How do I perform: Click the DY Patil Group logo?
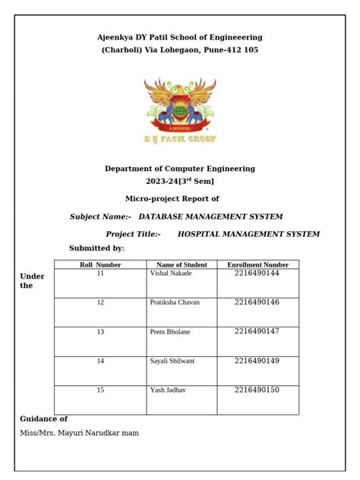(180, 109)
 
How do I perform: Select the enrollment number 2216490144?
(257, 273)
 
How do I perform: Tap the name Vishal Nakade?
(171, 273)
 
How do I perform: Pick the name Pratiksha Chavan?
(175, 302)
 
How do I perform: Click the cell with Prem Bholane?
(170, 332)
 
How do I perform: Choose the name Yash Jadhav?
(168, 390)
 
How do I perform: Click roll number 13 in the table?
(100, 332)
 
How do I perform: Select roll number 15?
(100, 390)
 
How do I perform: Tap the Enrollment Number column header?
(257, 264)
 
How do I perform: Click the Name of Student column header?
(182, 264)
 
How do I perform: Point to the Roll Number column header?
(100, 264)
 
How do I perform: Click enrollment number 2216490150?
(257, 390)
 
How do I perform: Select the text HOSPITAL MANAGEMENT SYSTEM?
(248, 234)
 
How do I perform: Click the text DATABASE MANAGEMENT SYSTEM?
(210, 216)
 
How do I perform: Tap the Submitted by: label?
(96, 248)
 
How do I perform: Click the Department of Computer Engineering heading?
(180, 169)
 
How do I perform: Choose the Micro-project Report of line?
(172, 197)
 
